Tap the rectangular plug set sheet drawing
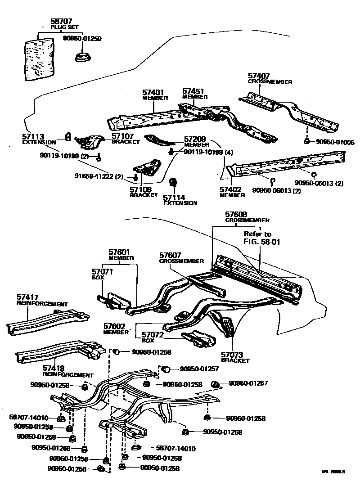point(39,58)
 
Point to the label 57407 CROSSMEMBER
point(270,78)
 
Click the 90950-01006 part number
point(335,142)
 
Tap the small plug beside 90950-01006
point(306,142)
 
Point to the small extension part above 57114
point(172,183)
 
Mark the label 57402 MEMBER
point(232,192)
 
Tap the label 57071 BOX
point(102,274)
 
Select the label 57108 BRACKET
point(144,192)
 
